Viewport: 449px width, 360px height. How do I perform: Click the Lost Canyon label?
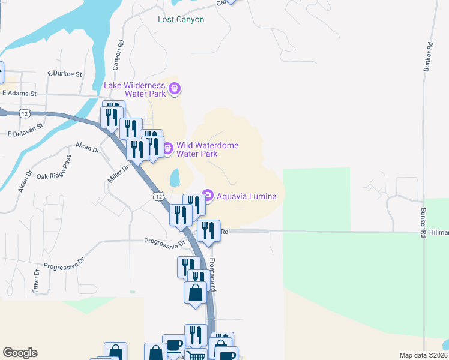(181, 20)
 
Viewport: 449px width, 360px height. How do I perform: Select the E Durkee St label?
(64, 74)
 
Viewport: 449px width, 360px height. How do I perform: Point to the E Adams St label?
(19, 94)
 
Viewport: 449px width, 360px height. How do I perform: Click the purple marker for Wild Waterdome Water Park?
(168, 147)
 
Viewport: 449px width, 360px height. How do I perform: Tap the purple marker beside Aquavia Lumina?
(208, 195)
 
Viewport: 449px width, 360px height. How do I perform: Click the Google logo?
(20, 353)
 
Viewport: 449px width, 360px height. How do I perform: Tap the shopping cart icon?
(197, 356)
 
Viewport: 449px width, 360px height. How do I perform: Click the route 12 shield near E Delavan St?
(24, 113)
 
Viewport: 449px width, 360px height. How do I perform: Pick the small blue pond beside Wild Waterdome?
(174, 177)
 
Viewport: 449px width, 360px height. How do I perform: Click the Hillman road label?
(439, 232)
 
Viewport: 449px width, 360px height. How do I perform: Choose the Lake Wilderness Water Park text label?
(135, 89)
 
